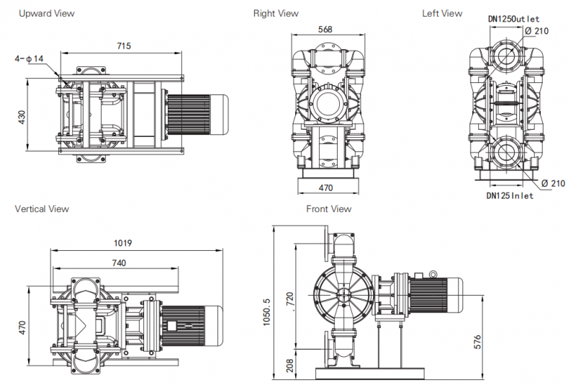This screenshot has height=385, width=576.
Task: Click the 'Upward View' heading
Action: pyautogui.click(x=47, y=14)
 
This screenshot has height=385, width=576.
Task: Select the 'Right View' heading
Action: pyautogui.click(x=276, y=14)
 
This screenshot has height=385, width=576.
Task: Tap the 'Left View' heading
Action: pyautogui.click(x=442, y=14)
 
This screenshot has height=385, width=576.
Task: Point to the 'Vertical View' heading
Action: pyautogui.click(x=42, y=209)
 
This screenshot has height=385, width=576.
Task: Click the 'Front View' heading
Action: pyautogui.click(x=329, y=209)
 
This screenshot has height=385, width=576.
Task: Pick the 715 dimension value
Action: pyautogui.click(x=124, y=46)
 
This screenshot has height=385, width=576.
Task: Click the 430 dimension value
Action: pyautogui.click(x=22, y=117)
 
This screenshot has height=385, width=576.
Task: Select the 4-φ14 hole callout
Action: pyautogui.click(x=29, y=58)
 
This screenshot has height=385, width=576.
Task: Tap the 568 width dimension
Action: pyautogui.click(x=325, y=30)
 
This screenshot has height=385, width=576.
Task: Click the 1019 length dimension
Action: pyautogui.click(x=122, y=243)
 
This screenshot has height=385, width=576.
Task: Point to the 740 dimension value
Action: pyautogui.click(x=119, y=263)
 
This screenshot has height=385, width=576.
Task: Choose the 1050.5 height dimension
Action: pyautogui.click(x=266, y=312)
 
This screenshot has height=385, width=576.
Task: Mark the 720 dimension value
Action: pyautogui.click(x=290, y=299)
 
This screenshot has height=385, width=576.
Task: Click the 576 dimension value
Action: pyautogui.click(x=477, y=342)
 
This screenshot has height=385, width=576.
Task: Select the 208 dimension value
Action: pyautogui.click(x=290, y=366)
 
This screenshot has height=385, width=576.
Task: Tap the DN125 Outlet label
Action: pyautogui.click(x=513, y=19)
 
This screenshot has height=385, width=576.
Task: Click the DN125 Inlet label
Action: pyautogui.click(x=510, y=195)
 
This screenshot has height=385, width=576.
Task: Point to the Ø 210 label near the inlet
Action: pyautogui.click(x=553, y=183)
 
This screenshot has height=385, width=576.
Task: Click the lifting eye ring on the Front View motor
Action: pyautogui.click(x=433, y=273)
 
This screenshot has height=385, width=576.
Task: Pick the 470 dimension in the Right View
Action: pyautogui.click(x=325, y=188)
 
